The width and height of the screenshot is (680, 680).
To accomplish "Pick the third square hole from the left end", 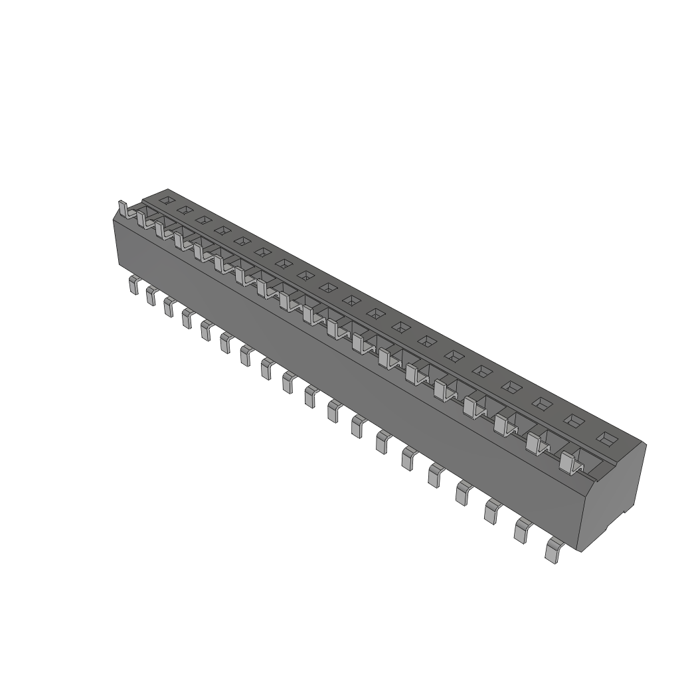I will [x=204, y=220].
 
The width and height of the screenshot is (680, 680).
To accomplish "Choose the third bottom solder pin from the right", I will [x=493, y=511].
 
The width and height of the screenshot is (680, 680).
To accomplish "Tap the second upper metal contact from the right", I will [x=536, y=444].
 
